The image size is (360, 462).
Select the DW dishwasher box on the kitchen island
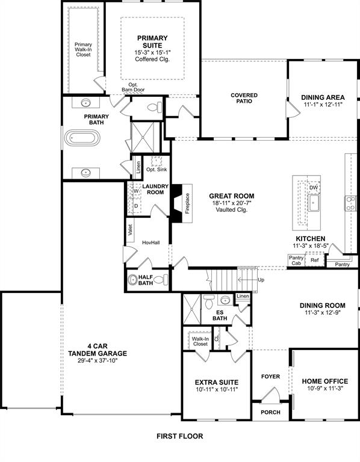point(313,188)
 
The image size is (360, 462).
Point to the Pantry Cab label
point(296,260)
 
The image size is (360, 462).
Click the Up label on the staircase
point(260,280)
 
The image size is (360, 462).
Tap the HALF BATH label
point(144,281)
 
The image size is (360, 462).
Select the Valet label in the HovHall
point(129,230)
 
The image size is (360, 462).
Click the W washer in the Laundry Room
point(135,191)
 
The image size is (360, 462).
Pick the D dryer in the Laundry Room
point(135,205)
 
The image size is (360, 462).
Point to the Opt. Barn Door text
point(133,87)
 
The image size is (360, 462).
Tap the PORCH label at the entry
point(270,413)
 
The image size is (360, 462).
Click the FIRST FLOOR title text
point(180,436)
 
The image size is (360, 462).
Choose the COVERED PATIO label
point(244,98)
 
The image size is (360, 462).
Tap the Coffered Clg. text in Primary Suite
point(152,60)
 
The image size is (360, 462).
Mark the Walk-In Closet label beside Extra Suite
point(199,342)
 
